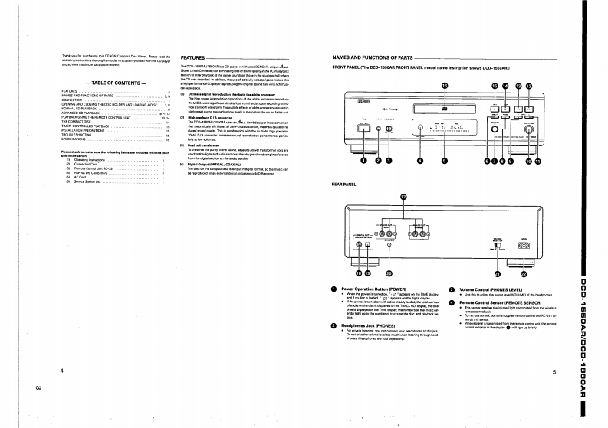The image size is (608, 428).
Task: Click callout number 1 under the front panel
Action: click(363, 162)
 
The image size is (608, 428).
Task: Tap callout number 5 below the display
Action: click(444, 162)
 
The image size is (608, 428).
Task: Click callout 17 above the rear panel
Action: click(403, 197)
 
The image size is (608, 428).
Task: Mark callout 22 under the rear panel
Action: click(524, 273)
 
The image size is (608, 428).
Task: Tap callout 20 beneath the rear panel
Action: click(389, 273)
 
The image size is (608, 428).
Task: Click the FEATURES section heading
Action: click(192, 58)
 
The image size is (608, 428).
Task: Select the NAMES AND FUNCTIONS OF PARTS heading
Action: click(372, 58)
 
